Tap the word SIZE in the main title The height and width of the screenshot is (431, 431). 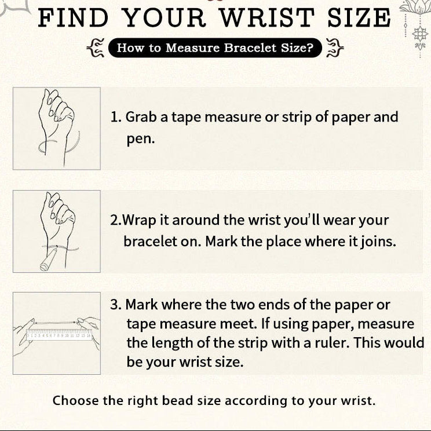[359, 18]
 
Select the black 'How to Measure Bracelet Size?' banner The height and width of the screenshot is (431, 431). [215, 48]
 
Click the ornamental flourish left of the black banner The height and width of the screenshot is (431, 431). [96, 48]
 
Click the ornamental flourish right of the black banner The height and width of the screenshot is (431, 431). [334, 48]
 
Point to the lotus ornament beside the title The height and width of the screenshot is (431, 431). [415, 27]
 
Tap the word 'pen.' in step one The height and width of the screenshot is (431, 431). [141, 139]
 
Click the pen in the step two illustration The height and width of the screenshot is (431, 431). [49, 259]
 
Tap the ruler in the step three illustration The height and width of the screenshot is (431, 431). [59, 335]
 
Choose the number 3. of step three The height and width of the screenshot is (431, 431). [116, 305]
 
